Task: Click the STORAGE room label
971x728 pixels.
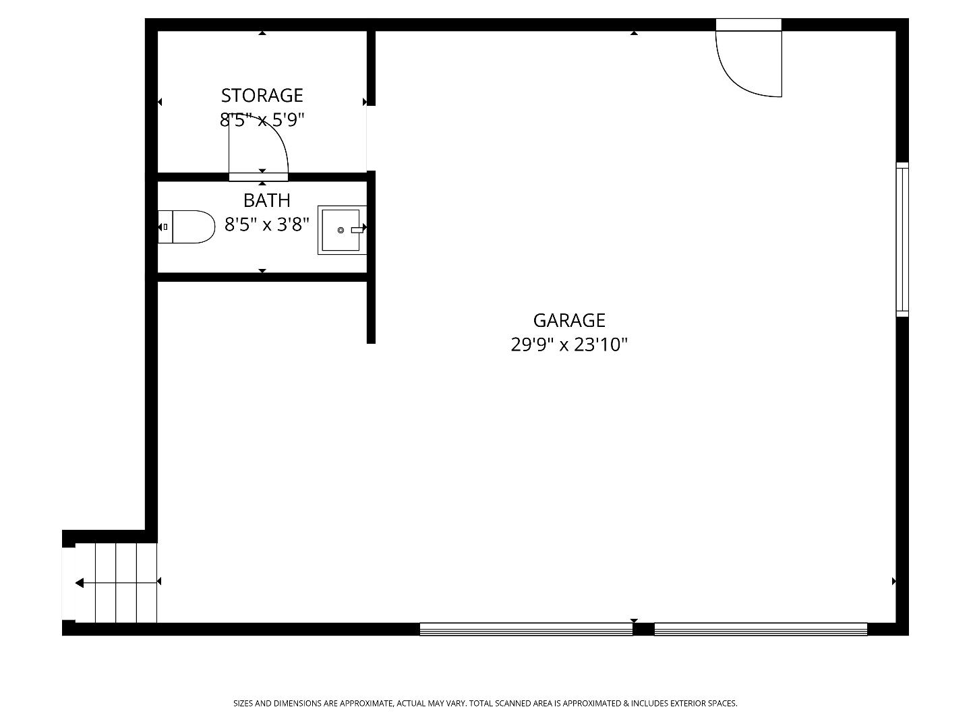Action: pos(262,95)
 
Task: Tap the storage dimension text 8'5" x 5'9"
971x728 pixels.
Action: pos(262,120)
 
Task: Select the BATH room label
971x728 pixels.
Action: pos(266,200)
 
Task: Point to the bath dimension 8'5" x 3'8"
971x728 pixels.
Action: pos(266,224)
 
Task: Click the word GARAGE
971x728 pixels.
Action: pos(569,320)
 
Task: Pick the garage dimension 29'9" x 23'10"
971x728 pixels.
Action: pos(569,345)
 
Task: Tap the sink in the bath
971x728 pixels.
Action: pos(341,230)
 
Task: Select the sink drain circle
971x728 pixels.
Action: pos(341,231)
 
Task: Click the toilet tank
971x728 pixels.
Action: pos(165,226)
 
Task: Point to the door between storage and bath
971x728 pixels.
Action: pos(258,177)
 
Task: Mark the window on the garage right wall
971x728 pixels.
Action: pos(902,239)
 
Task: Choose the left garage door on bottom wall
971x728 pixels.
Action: pos(526,629)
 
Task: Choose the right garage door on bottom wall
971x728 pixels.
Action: pos(761,629)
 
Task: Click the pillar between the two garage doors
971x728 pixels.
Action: pos(643,629)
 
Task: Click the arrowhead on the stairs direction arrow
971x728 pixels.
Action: pos(80,582)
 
